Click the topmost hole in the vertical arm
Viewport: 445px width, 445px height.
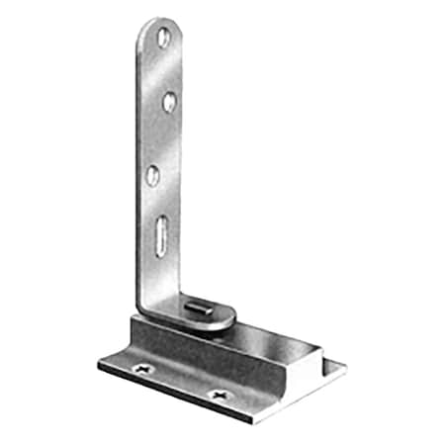click(x=164, y=40)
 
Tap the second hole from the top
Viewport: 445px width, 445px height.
click(x=169, y=101)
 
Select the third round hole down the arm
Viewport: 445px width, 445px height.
click(x=153, y=176)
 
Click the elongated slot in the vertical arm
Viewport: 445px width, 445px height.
click(x=159, y=241)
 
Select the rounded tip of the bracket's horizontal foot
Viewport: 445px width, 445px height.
click(x=230, y=318)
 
